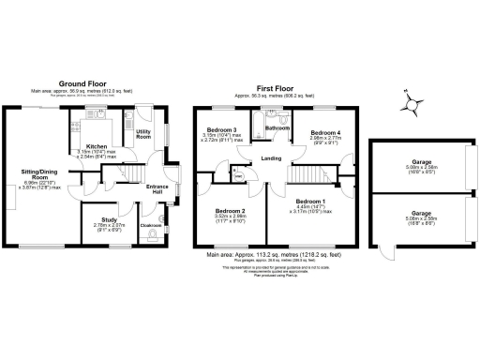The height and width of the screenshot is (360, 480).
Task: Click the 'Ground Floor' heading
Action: tap(85, 82)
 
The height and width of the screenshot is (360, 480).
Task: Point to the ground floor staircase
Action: tap(136, 174)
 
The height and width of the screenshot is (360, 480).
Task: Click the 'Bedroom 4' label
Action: tap(324, 132)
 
